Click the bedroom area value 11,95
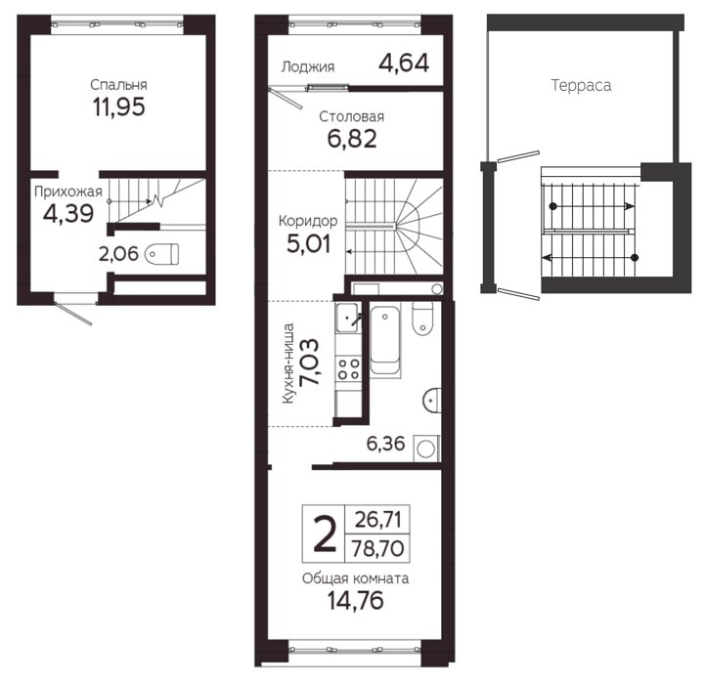[x=119, y=107]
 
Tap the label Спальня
[x=118, y=84]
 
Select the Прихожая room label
[x=68, y=192]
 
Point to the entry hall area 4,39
[x=68, y=213]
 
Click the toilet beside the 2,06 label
[x=162, y=254]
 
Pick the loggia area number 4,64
[x=404, y=63]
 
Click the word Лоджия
[x=308, y=67]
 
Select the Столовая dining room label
[x=352, y=117]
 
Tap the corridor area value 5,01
[x=308, y=244]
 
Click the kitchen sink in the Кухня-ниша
[x=348, y=318]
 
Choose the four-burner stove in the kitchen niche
[x=349, y=368]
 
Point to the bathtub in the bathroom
[x=385, y=340]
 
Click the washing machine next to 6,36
[x=425, y=449]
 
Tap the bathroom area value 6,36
[x=386, y=444]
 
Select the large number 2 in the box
[x=325, y=534]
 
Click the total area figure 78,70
[x=377, y=549]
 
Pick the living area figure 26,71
[x=377, y=520]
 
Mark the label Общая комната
[x=355, y=578]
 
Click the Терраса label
[x=581, y=85]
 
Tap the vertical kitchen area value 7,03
[x=310, y=362]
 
